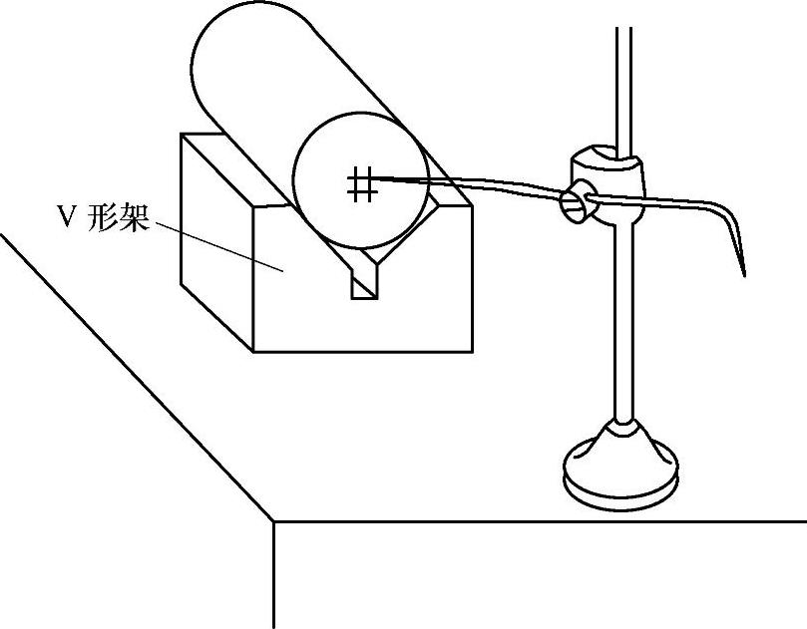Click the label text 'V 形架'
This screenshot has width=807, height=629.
[103, 218]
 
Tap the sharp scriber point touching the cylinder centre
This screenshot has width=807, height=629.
[380, 178]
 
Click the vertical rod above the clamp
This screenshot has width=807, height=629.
[624, 80]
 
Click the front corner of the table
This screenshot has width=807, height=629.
[273, 520]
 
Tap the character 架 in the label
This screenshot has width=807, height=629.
[135, 218]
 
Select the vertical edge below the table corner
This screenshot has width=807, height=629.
[273, 578]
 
